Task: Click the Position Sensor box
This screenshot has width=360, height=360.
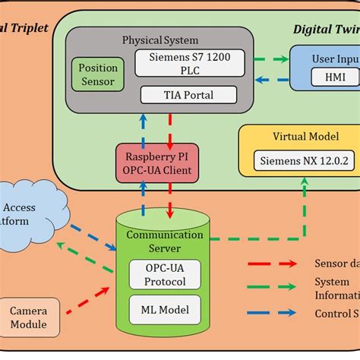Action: (x=97, y=74)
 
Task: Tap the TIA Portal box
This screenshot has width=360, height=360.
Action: (x=188, y=96)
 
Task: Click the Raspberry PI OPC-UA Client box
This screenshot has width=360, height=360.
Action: (x=156, y=163)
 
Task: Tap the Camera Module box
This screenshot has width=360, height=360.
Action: (x=29, y=318)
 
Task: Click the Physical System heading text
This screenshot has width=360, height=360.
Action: (x=160, y=39)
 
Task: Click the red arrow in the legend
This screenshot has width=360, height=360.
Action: (x=272, y=264)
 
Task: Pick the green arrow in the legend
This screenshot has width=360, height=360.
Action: (x=272, y=288)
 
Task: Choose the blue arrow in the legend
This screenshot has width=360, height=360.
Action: (x=272, y=313)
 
